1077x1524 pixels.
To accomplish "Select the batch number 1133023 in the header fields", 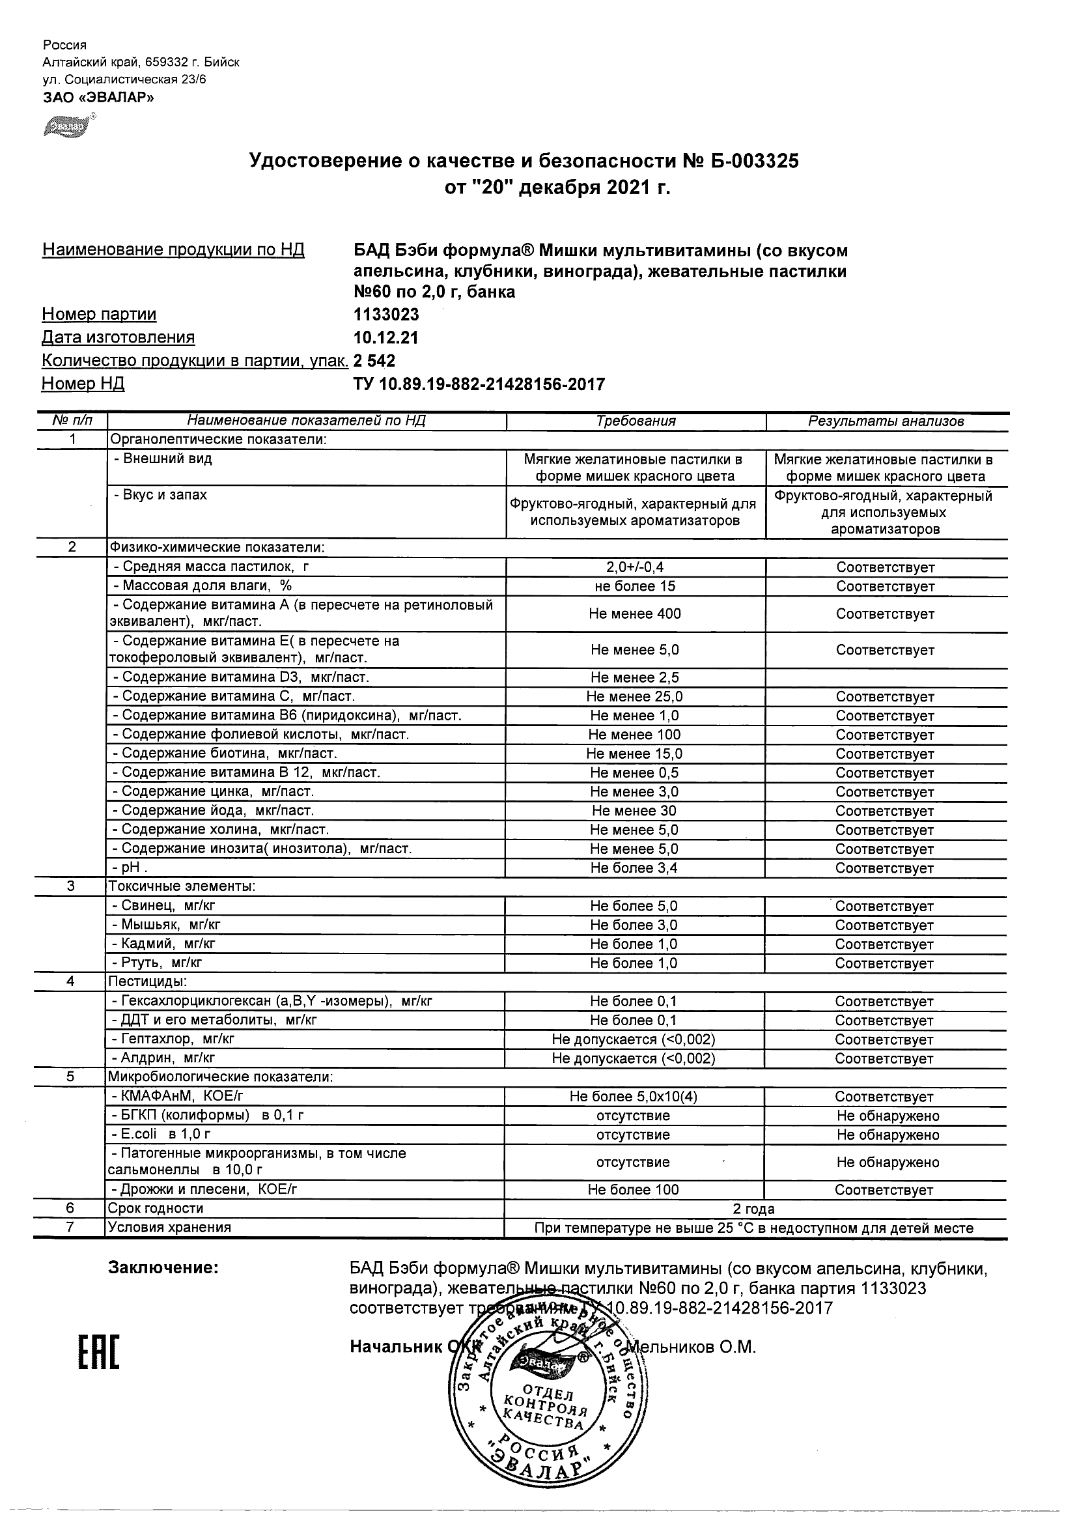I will point(386,315).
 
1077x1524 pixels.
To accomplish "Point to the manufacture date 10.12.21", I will point(385,338).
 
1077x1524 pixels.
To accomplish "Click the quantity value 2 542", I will point(374,361).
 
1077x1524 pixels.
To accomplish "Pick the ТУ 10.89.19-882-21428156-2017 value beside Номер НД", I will point(479,384).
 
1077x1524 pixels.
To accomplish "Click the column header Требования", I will point(636,421).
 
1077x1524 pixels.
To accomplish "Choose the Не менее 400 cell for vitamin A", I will point(635,614).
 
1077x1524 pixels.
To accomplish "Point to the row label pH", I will point(131,868).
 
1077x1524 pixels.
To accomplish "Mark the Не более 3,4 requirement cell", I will point(635,868).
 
